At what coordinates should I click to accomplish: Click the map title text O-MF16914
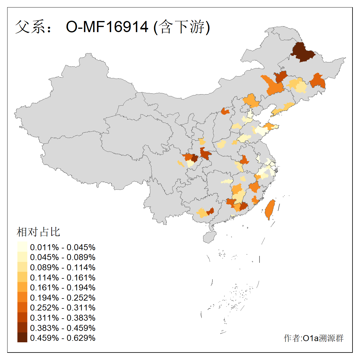tap(107, 27)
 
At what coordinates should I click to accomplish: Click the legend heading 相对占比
tap(38, 232)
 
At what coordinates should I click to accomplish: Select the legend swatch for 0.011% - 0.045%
tap(22, 247)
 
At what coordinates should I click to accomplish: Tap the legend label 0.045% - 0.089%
tap(63, 257)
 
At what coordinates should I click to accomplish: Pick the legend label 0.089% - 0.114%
tap(63, 268)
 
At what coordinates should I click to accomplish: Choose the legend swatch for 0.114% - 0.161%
tap(22, 277)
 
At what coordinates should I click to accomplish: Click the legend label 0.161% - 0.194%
tap(63, 288)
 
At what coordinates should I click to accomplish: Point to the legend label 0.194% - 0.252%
tap(63, 298)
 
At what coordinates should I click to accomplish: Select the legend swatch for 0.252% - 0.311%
tap(22, 308)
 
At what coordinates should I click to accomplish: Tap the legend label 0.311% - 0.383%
tap(63, 318)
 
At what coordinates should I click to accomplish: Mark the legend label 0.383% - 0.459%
tap(63, 328)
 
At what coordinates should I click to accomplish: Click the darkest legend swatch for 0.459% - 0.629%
tap(22, 338)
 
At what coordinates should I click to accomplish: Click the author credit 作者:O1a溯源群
tap(313, 338)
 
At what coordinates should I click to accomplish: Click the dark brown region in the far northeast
tap(302, 52)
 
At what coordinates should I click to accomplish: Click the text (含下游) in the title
tap(182, 27)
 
